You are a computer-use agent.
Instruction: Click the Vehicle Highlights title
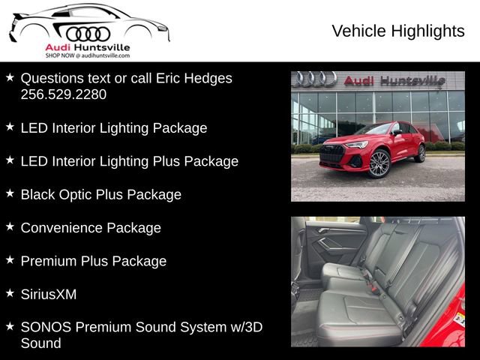tap(397, 31)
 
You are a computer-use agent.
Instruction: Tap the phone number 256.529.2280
tap(64, 94)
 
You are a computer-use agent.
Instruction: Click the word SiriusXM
tap(49, 294)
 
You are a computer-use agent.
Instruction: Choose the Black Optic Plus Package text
tap(101, 194)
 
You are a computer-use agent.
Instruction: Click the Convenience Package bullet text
tap(91, 227)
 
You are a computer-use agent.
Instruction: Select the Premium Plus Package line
tap(94, 261)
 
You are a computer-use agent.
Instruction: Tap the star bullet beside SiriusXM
tap(10, 293)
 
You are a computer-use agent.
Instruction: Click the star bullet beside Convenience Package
tap(10, 226)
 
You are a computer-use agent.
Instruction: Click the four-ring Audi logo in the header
tap(88, 34)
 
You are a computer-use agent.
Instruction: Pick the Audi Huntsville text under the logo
tap(88, 46)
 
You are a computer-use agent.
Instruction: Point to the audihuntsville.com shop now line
tap(88, 55)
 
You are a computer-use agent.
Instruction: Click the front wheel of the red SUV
tap(379, 163)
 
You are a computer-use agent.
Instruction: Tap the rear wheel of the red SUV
tap(420, 153)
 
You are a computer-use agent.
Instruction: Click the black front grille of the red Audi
tap(331, 154)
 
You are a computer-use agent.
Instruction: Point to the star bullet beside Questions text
tap(10, 77)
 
